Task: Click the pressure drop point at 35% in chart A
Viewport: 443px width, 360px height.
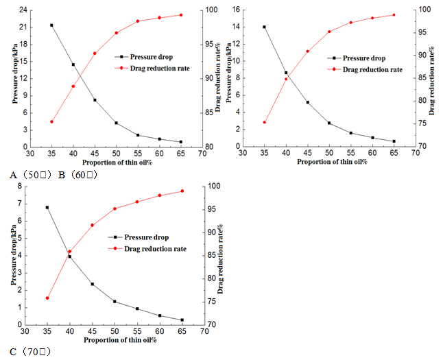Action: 51,25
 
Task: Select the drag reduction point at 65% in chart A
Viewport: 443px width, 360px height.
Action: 181,15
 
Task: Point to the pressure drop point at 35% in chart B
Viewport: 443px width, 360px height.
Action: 264,27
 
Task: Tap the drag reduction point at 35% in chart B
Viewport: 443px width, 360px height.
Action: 264,122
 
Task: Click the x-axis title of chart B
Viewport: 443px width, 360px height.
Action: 328,162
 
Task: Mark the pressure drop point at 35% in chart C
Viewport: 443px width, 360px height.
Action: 47,207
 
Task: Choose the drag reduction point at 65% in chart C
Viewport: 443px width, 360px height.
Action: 182,191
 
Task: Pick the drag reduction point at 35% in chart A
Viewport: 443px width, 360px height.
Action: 51,121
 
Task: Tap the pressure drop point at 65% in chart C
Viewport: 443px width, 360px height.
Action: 182,320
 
